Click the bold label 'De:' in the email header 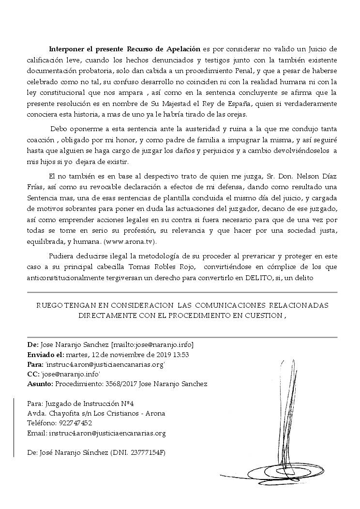(x=33, y=345)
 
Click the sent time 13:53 (x=180, y=355)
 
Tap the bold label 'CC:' (x=33, y=374)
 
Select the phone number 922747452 (x=75, y=423)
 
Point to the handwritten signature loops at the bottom (x=271, y=469)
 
